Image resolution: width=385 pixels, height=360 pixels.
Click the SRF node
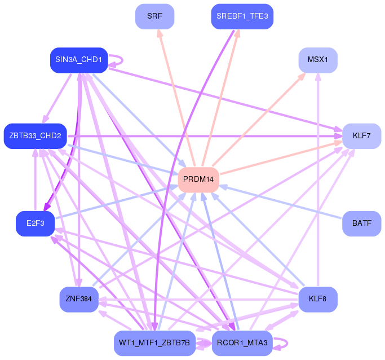point(154,16)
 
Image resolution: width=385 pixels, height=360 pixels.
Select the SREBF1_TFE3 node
point(242,16)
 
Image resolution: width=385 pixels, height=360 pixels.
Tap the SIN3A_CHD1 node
point(78,60)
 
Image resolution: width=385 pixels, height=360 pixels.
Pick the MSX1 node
point(318,60)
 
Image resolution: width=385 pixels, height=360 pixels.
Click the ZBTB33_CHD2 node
point(35,135)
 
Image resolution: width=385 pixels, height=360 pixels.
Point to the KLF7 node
point(361,135)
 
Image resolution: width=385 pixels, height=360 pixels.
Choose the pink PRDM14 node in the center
point(198,179)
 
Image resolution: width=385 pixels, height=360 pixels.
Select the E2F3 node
point(35,223)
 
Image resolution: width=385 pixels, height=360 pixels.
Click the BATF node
point(361,223)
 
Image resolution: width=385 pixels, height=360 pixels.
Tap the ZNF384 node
point(79,298)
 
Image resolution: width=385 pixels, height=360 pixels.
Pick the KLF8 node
point(318,298)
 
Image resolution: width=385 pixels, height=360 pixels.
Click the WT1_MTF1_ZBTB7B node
point(154,343)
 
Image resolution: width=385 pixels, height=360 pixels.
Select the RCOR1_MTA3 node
point(242,343)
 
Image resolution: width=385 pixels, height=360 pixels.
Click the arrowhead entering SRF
point(160,33)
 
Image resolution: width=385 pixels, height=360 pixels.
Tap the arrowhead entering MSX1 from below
point(318,77)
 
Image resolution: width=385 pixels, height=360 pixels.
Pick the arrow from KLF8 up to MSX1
point(318,181)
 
